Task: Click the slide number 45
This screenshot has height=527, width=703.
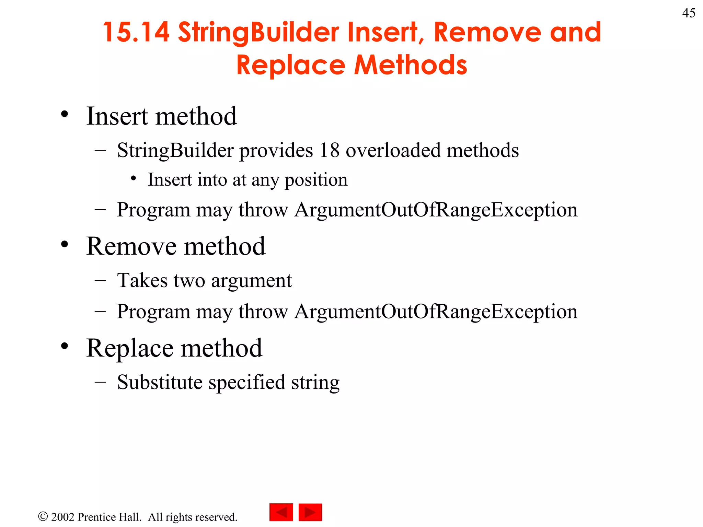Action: (689, 13)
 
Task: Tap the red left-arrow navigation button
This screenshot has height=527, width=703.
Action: (281, 512)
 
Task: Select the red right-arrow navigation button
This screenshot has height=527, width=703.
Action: (310, 512)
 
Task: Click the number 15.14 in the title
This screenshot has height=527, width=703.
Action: (136, 32)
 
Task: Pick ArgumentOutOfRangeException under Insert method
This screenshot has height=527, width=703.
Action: (436, 210)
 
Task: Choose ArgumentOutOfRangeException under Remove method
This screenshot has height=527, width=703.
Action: (436, 312)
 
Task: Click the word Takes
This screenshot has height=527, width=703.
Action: (142, 280)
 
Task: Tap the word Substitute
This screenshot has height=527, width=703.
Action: (160, 382)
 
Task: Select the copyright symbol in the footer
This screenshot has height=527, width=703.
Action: (43, 516)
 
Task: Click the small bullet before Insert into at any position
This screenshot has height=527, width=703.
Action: (134, 178)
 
